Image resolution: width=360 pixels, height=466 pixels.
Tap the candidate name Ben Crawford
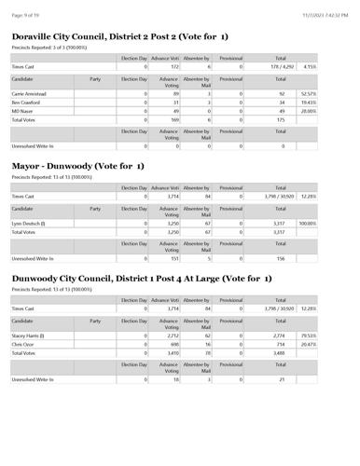coord(26,103)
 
